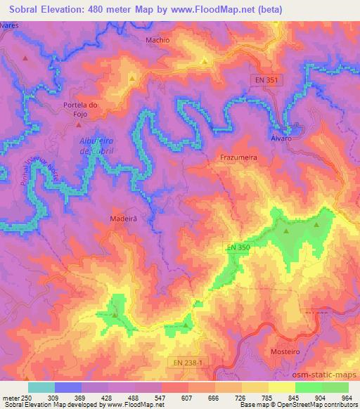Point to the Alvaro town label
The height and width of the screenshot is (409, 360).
pos(281,138)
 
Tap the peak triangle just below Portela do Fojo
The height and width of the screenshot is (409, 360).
pos(78,124)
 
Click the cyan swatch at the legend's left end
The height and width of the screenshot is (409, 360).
pos(41,387)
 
